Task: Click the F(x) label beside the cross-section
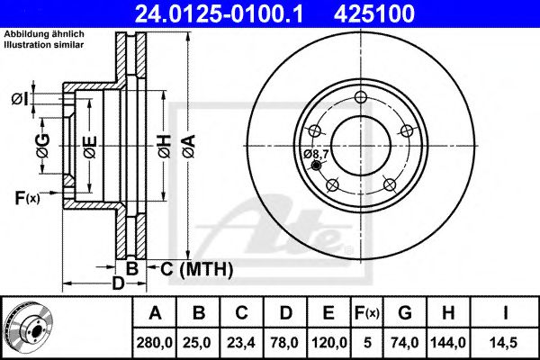point(26,197)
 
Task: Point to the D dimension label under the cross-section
point(117,284)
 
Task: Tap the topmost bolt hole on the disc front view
point(361,99)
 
